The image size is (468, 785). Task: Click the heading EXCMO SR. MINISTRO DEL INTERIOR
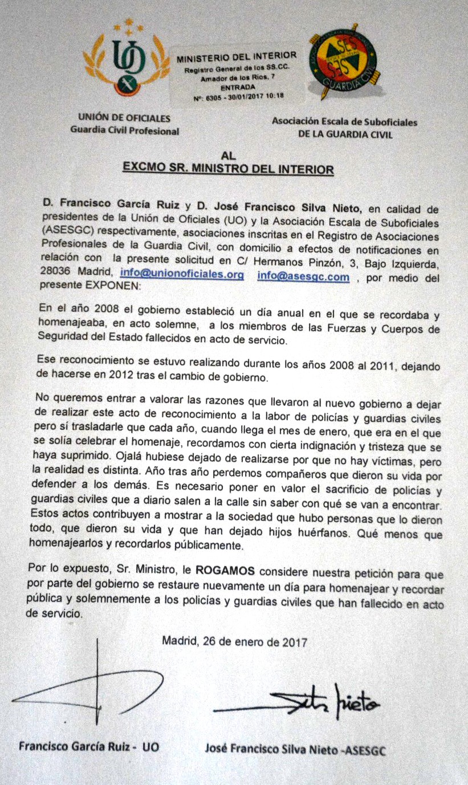click(229, 169)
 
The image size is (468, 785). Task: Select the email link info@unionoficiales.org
click(182, 275)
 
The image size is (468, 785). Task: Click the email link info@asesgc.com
click(303, 276)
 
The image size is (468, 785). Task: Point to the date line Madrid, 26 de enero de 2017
click(235, 641)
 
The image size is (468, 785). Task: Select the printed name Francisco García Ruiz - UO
click(88, 746)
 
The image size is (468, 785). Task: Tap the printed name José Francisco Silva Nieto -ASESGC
click(295, 749)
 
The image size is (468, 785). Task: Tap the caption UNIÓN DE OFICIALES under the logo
click(124, 119)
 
